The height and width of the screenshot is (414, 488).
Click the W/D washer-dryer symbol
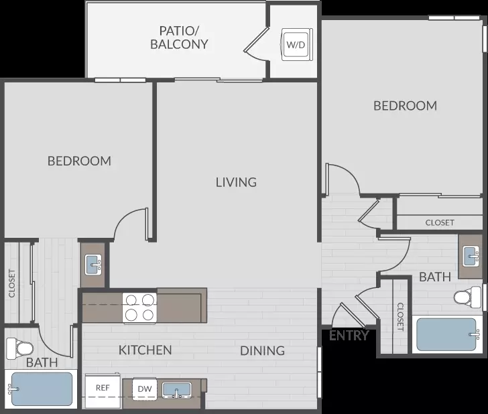[297, 44]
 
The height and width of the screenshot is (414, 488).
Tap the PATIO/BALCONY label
[179, 38]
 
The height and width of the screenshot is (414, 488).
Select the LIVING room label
[236, 182]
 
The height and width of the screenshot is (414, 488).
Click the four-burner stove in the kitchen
[139, 307]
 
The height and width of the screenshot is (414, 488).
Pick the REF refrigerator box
[103, 391]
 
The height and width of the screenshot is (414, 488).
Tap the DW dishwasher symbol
[145, 389]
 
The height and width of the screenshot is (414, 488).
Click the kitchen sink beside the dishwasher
[176, 390]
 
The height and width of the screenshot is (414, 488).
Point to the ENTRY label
[349, 336]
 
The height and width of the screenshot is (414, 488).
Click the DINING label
[262, 351]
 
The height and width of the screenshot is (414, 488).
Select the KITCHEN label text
[145, 350]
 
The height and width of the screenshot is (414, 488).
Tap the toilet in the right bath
[467, 297]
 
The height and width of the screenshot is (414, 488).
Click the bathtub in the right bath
[447, 334]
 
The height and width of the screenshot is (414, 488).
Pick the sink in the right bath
[471, 256]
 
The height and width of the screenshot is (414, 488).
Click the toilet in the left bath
[20, 347]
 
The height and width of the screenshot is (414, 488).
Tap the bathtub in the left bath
[41, 389]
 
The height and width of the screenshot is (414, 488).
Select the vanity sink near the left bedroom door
[93, 265]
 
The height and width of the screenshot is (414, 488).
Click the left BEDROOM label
[79, 161]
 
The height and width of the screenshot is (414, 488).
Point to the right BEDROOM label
[405, 106]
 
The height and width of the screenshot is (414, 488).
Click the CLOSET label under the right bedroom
[440, 222]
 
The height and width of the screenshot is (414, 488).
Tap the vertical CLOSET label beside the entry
[401, 317]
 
